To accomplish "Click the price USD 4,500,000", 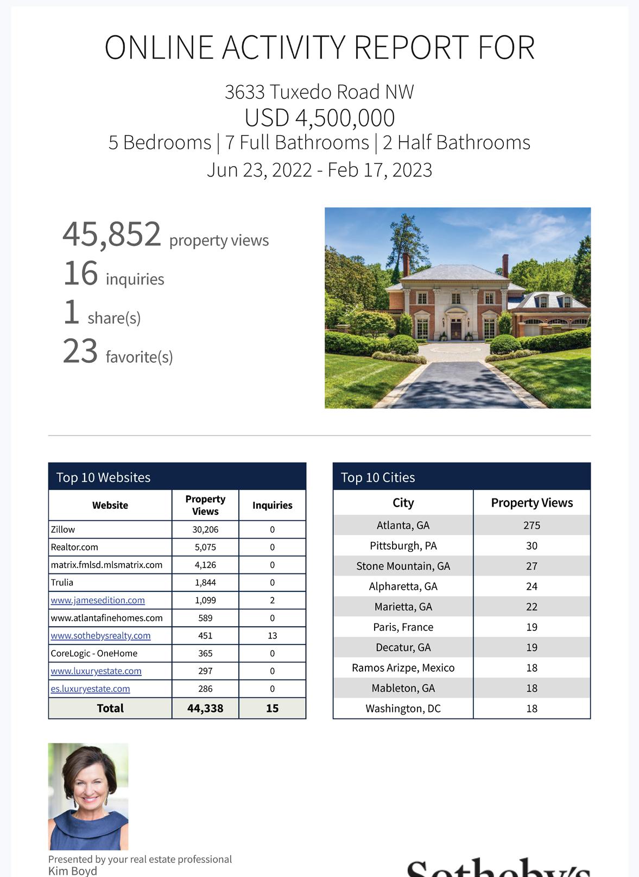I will (319, 118).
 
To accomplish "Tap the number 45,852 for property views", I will (112, 234).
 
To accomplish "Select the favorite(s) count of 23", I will (80, 351).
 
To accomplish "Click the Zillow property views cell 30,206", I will (205, 529).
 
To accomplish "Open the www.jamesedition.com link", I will (98, 600).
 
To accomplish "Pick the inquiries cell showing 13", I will (272, 635).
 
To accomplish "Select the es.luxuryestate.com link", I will (90, 689).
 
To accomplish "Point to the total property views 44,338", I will (205, 708).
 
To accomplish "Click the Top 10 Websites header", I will (103, 477).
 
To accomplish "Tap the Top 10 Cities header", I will (378, 477).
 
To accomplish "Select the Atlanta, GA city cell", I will (403, 525).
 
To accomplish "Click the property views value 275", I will (532, 525).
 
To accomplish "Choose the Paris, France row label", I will (403, 627).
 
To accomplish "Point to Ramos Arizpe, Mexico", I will (403, 668).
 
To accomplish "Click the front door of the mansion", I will (455, 329).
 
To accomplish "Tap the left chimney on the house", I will (406, 265).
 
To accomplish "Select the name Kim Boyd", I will (73, 871).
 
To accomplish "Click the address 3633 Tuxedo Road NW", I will (319, 92).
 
